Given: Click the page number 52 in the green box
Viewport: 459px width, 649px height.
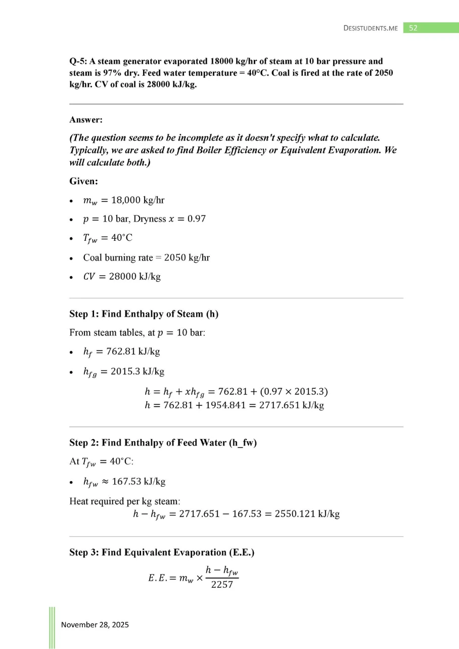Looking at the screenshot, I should coord(413,28).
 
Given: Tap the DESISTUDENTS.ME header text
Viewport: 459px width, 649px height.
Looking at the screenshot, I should coord(371,28).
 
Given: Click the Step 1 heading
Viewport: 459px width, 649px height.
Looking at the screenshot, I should coord(144,314).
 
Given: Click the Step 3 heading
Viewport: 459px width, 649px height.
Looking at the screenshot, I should coord(161,552).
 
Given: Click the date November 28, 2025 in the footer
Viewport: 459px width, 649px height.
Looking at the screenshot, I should coord(95,625).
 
